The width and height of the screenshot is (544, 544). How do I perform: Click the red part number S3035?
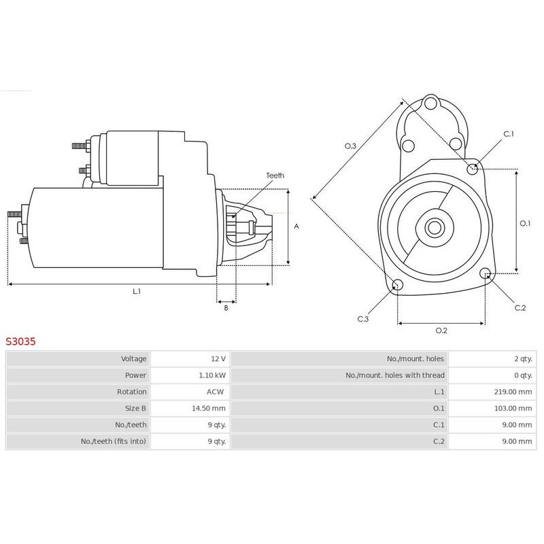coord(20,341)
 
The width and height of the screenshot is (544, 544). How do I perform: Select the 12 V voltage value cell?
coord(218,359)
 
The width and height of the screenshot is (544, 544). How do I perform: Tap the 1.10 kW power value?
coord(212,375)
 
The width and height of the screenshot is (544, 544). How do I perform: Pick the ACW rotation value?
coord(215,392)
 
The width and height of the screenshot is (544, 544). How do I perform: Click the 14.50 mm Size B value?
coord(209,409)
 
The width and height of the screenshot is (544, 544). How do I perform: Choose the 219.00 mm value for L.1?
coord(513,392)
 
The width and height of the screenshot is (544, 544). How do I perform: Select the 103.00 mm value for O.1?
coord(513,409)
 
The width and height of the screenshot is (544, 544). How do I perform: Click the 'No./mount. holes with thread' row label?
coord(395,375)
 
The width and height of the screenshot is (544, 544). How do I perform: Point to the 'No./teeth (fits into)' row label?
coord(114,441)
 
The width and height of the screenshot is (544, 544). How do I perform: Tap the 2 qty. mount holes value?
coord(523,359)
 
